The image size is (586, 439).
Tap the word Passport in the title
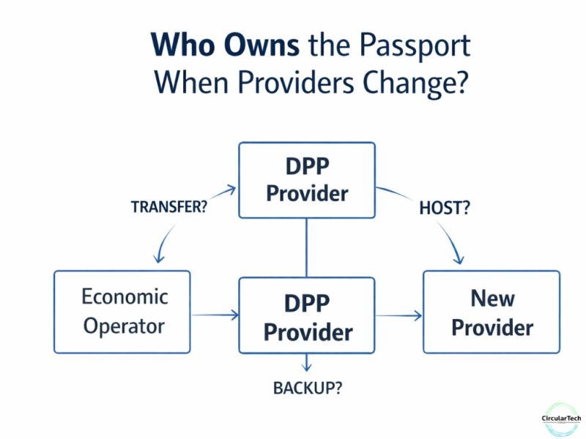click(413, 45)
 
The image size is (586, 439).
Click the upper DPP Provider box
click(307, 180)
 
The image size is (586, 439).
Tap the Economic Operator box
click(122, 312)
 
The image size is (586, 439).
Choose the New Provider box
click(492, 312)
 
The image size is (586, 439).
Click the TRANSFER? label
click(168, 206)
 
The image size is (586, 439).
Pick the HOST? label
click(444, 208)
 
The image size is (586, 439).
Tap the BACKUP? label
click(308, 388)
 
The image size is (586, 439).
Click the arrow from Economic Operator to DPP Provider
click(215, 315)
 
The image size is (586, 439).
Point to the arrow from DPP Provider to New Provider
click(399, 315)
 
